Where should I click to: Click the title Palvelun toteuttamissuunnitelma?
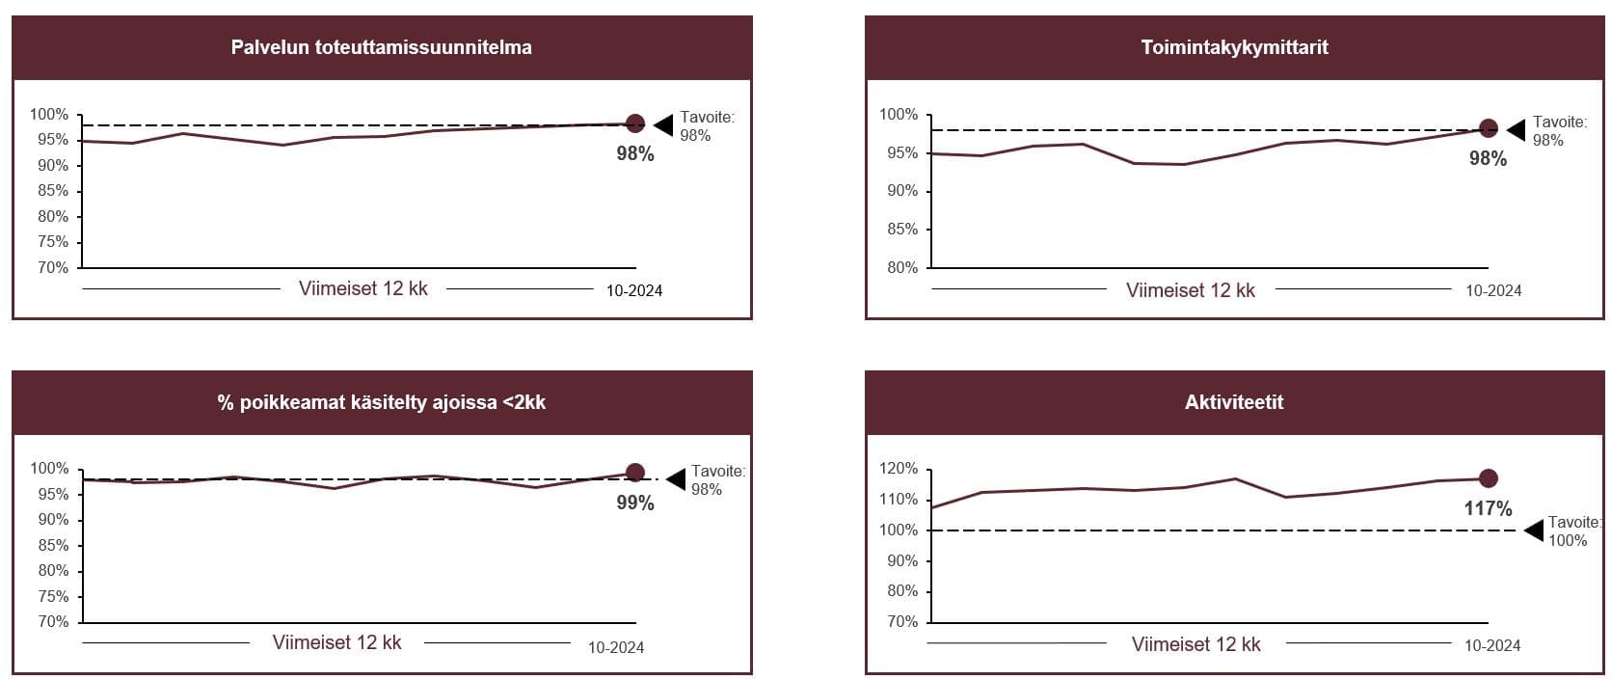pyautogui.click(x=381, y=47)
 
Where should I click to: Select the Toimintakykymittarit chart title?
pyautogui.click(x=1234, y=47)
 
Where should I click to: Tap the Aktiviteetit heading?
pyautogui.click(x=1234, y=402)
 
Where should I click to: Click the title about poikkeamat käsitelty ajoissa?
pyautogui.click(x=381, y=402)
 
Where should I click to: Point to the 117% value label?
pyautogui.click(x=1488, y=508)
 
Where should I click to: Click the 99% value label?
pyautogui.click(x=635, y=503)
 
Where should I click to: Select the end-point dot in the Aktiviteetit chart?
pyautogui.click(x=1488, y=478)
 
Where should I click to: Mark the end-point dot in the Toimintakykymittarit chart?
pyautogui.click(x=1488, y=128)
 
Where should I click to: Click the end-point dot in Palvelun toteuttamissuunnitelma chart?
pyautogui.click(x=635, y=123)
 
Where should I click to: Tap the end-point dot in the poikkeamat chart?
pyautogui.click(x=635, y=473)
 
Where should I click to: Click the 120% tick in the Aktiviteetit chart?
pyautogui.click(x=899, y=469)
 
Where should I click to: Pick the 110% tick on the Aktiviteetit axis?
pyautogui.click(x=899, y=500)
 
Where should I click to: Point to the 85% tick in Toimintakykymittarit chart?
pyautogui.click(x=901, y=230)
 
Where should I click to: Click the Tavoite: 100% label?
pyautogui.click(x=1572, y=531)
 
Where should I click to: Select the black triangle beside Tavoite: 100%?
pyautogui.click(x=1533, y=530)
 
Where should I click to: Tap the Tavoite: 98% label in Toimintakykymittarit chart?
pyautogui.click(x=1558, y=131)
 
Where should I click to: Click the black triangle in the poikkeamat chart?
pyautogui.click(x=676, y=479)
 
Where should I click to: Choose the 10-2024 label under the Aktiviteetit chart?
pyautogui.click(x=1492, y=645)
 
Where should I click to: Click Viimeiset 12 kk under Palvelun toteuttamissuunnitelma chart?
pyautogui.click(x=362, y=289)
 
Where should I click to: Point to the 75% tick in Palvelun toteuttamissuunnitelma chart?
pyautogui.click(x=53, y=242)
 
